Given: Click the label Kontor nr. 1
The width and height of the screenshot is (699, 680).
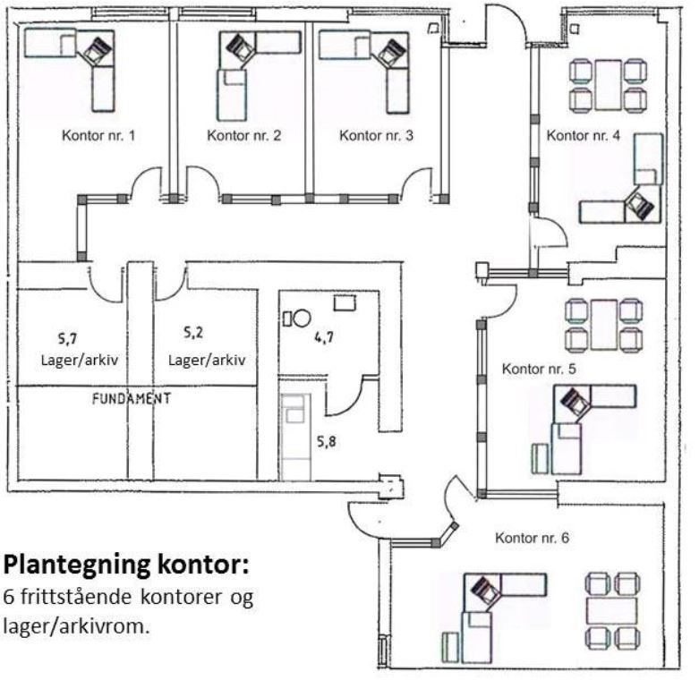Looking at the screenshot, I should coord(98,136).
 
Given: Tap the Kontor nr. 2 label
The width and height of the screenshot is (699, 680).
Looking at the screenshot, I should coord(243,136).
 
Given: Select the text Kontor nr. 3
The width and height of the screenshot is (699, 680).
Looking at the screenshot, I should coord(376,136).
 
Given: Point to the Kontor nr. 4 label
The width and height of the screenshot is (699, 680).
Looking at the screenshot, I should coord(583,136).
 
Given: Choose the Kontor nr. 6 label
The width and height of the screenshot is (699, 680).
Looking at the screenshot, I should coord(532,538).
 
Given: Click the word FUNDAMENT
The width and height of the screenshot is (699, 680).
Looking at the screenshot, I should coord(131,398).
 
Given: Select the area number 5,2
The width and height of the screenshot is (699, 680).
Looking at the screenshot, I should coord(193,333).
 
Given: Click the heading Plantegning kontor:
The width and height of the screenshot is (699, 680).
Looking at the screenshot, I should coord(126,565).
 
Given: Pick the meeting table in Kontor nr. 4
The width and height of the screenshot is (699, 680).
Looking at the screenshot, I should coord(609,85).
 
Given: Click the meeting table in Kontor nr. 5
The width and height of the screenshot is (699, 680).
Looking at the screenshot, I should coord(605,325).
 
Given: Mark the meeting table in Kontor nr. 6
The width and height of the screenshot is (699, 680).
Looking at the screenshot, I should coord(613,610).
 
